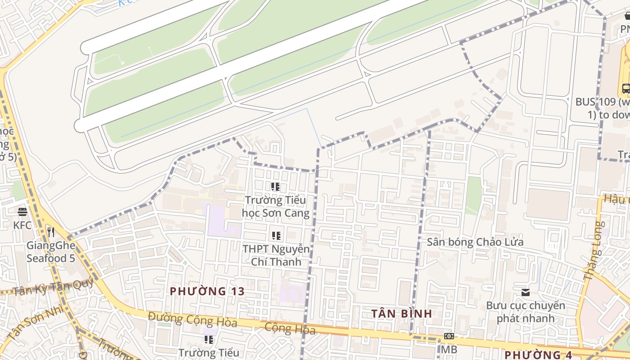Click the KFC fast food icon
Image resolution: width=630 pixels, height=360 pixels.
[22, 211]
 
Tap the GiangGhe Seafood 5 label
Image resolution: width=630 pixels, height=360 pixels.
[50, 252]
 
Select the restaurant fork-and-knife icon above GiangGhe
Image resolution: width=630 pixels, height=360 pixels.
[51, 232]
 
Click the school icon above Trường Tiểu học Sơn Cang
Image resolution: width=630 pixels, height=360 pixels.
[275, 187]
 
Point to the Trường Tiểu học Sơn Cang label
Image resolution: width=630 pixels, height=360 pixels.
[276, 207]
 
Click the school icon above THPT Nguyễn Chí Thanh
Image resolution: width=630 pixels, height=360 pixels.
[276, 235]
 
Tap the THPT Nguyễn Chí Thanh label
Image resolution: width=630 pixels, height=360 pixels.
[276, 255]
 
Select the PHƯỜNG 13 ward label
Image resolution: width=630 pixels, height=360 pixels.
[207, 291]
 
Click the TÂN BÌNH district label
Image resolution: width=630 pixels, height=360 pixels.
[401, 313]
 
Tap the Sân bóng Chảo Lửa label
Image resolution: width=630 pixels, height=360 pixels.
[475, 242]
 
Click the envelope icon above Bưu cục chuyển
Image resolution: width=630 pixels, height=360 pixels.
[525, 292]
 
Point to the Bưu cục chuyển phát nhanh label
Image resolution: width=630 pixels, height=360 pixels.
[525, 312]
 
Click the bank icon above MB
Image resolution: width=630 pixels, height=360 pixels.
[449, 336]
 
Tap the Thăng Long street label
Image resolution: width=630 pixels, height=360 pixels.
[594, 252]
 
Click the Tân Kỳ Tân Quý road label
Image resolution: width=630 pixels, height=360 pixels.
[53, 287]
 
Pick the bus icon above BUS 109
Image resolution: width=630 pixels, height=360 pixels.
[626, 88]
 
